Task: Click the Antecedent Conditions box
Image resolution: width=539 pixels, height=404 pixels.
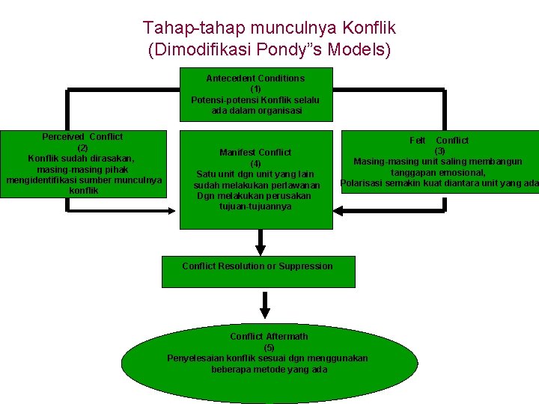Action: click(255, 95)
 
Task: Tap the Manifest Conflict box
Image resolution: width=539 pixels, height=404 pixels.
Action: click(255, 180)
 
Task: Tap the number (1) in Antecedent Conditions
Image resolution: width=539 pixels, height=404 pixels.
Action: click(255, 89)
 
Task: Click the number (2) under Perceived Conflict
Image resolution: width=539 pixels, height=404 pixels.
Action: click(83, 147)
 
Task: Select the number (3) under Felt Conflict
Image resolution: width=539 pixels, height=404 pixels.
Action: click(439, 151)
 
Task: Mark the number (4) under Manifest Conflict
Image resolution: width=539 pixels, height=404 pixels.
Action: click(255, 163)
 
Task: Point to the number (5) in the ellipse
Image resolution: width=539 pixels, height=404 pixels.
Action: click(269, 347)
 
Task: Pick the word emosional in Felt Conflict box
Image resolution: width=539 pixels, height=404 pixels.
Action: click(464, 173)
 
